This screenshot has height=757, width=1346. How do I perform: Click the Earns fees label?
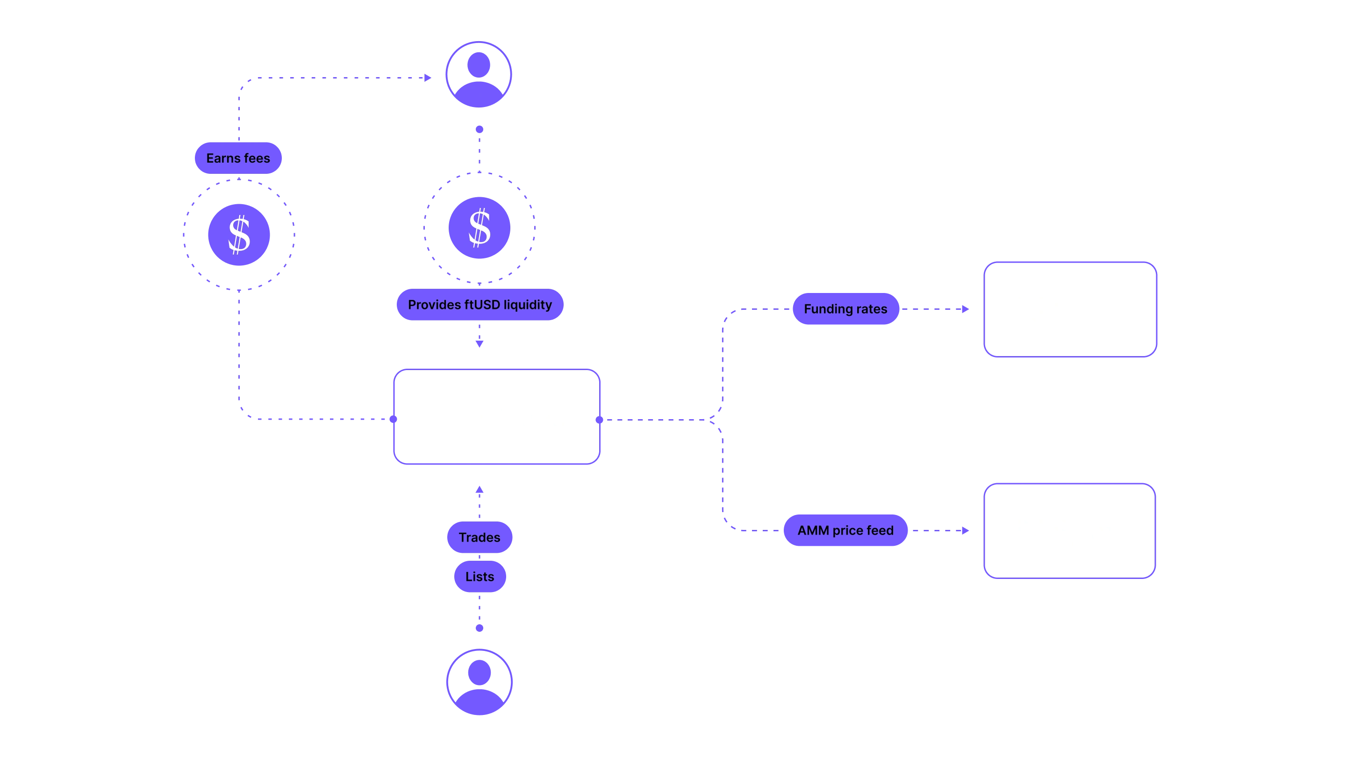click(238, 158)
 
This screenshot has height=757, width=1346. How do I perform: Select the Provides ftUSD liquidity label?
click(480, 305)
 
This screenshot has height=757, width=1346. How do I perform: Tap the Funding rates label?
click(845, 309)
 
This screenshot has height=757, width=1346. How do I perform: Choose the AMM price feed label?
click(845, 530)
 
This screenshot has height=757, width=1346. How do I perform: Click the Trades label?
click(479, 537)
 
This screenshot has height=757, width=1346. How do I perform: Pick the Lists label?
click(480, 577)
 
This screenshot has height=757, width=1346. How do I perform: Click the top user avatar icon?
click(479, 74)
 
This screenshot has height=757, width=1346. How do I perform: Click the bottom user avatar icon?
click(479, 681)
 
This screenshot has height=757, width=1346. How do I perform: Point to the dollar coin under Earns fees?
click(239, 235)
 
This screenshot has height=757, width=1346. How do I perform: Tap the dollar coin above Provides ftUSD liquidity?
click(480, 227)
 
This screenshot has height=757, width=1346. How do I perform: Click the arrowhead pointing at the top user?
click(429, 77)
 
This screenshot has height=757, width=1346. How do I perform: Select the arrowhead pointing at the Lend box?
click(967, 309)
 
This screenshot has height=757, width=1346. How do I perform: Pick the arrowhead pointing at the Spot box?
click(967, 530)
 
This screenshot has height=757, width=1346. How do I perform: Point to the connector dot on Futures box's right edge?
click(599, 420)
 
